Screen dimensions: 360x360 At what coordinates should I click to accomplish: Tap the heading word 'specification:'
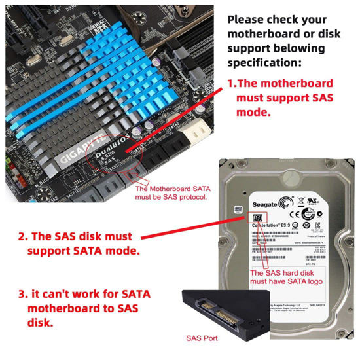coord(265,63)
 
